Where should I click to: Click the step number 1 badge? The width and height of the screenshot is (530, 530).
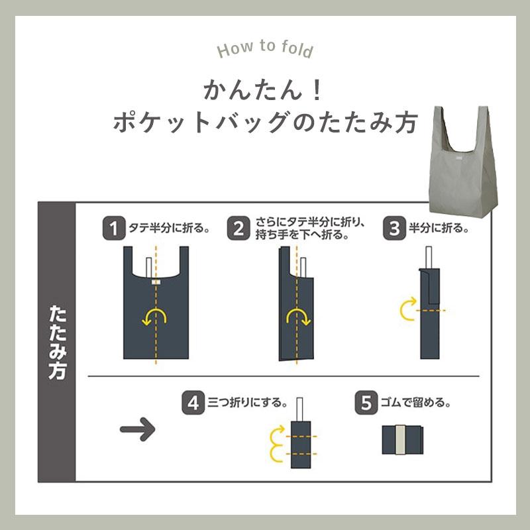tap(114, 228)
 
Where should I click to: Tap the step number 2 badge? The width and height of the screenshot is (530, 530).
tap(238, 228)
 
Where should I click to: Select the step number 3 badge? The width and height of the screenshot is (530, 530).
tap(394, 228)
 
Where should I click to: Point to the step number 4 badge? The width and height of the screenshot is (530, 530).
tap(193, 403)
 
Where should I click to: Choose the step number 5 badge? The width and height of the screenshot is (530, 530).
tap(366, 403)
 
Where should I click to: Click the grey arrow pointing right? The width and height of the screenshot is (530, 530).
tap(138, 429)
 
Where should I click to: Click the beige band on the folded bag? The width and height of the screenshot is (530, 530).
tap(401, 440)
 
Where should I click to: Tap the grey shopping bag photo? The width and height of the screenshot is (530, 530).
tap(463, 160)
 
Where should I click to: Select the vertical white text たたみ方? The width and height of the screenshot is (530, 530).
tap(57, 343)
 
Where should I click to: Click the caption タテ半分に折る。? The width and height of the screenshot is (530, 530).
tap(169, 228)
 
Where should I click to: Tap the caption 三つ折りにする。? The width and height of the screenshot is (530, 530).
tap(247, 403)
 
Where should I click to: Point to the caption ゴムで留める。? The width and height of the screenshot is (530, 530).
tap(415, 403)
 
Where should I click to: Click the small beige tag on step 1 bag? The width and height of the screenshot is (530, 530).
tap(156, 282)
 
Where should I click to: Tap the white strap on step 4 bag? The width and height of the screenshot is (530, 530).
tap(299, 409)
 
